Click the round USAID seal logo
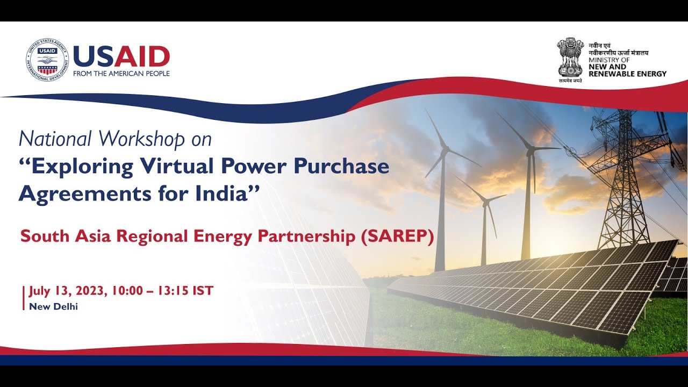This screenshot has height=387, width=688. [x=47, y=60]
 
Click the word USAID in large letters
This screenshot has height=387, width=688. [x=121, y=56]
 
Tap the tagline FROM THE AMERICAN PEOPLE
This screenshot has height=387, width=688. [x=121, y=74]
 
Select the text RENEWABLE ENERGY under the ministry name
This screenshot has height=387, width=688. [x=627, y=74]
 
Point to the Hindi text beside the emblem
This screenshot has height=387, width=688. [x=618, y=49]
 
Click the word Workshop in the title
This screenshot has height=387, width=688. [x=142, y=139]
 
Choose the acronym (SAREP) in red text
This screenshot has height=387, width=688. [x=398, y=236]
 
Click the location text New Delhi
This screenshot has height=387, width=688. [x=53, y=306]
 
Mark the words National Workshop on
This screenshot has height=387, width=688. [x=115, y=139]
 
